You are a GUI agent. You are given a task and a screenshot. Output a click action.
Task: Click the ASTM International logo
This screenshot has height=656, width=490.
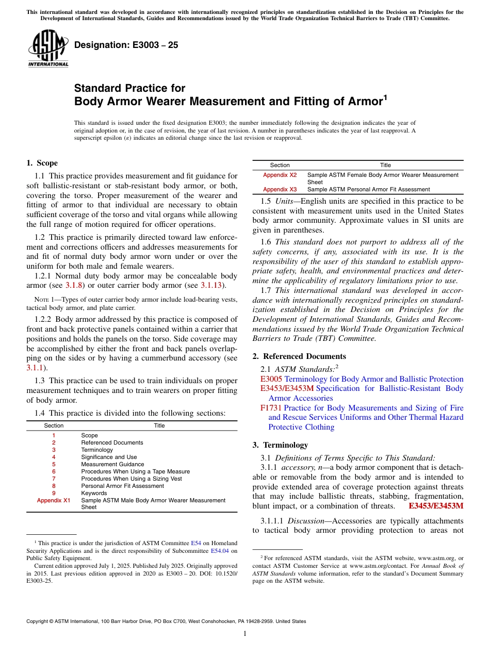pos(47,48)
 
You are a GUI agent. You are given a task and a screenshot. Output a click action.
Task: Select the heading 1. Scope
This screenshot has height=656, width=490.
pos(42,163)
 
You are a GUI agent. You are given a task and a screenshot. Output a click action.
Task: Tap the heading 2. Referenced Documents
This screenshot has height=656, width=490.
pos(299,356)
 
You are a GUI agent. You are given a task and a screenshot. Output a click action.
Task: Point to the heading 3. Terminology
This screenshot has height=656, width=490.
pos(285,445)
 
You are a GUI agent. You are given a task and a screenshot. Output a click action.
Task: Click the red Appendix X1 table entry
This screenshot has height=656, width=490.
pos(54,500)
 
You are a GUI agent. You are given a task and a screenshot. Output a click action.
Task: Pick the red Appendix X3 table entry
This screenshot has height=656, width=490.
pos(280,189)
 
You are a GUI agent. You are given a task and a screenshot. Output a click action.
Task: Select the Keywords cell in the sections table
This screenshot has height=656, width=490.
pos(94,493)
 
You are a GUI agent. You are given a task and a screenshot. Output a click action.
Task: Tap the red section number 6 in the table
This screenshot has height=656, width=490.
pos(54,471)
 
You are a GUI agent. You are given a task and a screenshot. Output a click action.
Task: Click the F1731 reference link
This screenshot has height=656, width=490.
pos(271,408)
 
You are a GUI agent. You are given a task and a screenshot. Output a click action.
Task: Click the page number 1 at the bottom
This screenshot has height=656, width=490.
pos(245,634)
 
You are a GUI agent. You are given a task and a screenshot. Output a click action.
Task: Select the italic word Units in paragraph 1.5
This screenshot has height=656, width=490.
pos(286,201)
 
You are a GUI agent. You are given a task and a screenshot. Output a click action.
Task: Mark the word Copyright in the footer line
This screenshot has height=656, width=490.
pos(39,621)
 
